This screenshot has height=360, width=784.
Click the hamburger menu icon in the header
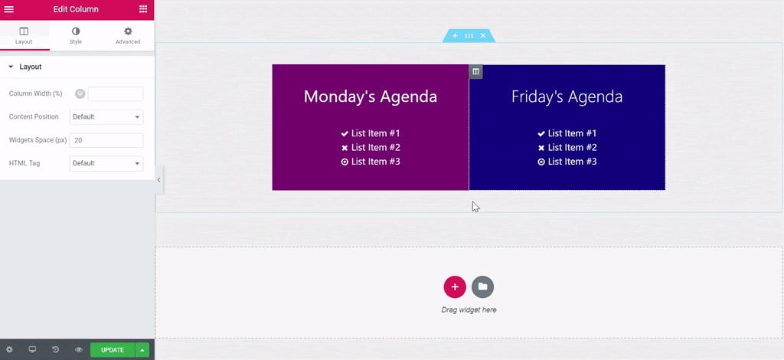[x=8, y=9]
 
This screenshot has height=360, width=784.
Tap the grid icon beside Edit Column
[x=143, y=9]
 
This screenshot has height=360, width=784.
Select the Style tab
[x=76, y=35]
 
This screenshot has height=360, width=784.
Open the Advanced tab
[x=128, y=35]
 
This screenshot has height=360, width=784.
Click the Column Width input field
[x=116, y=93]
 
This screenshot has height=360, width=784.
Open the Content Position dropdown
[x=106, y=117]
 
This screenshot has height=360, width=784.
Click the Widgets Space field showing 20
[x=106, y=140]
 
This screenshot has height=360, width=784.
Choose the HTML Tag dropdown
[x=106, y=163]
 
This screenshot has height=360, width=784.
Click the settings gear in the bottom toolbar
[x=9, y=349]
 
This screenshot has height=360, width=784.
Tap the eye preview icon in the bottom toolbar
[x=79, y=349]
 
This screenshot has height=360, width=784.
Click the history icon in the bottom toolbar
[x=55, y=349]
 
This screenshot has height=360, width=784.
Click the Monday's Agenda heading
[x=371, y=97]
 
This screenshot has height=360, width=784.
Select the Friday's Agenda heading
[x=567, y=97]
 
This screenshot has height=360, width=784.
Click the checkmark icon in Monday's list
[x=345, y=133]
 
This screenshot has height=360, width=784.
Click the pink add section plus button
[x=455, y=287]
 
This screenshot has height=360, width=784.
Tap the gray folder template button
[x=482, y=287]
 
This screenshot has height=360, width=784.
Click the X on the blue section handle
[x=483, y=36]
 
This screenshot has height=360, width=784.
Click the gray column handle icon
[x=475, y=71]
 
